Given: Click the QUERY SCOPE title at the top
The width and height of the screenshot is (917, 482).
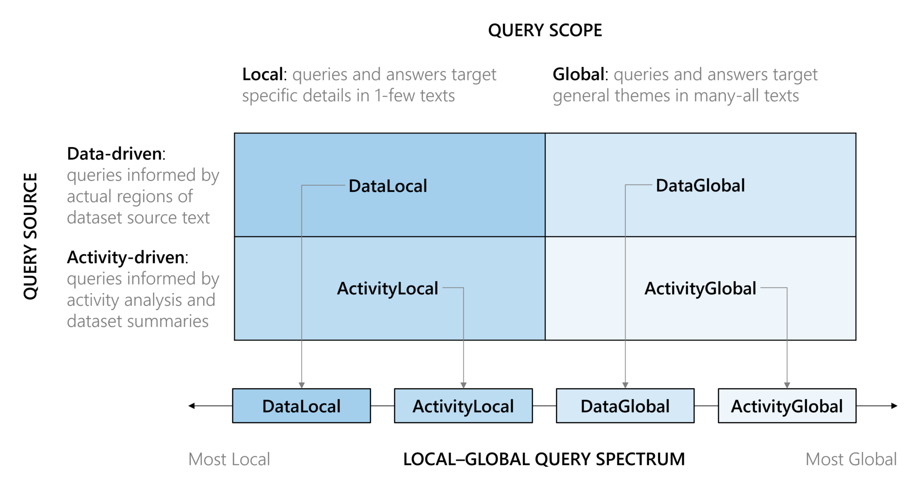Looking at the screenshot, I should (544, 30).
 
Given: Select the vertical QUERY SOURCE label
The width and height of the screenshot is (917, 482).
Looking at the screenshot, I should (30, 236).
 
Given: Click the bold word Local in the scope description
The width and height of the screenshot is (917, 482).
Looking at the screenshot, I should (263, 74).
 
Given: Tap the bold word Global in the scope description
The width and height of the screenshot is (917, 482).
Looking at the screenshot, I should (578, 74).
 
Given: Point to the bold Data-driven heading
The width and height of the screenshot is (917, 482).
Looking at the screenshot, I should (115, 154).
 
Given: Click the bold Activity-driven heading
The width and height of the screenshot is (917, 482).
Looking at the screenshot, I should (126, 257).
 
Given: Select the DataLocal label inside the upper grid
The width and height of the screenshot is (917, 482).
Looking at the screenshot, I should (388, 186).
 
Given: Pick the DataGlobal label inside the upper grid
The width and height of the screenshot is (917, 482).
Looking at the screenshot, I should (700, 185).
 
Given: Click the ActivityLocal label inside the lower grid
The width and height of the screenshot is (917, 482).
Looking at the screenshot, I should (387, 289).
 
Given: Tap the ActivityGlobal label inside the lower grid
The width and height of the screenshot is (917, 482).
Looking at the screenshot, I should (700, 289).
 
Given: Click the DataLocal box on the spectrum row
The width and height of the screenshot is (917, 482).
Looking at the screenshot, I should (301, 406).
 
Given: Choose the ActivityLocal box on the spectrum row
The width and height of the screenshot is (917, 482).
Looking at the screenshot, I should (463, 406).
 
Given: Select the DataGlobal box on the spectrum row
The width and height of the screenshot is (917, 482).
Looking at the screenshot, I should (625, 406).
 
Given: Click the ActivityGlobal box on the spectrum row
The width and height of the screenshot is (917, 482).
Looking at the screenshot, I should (787, 406).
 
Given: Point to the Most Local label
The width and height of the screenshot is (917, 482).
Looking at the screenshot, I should (229, 459).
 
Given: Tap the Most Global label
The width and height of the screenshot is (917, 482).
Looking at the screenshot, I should (851, 459).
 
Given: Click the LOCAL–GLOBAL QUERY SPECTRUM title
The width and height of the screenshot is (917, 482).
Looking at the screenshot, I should (544, 459).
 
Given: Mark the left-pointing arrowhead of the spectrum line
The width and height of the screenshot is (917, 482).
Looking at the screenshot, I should (192, 406).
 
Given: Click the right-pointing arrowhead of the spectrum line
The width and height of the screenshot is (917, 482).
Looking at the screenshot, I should (894, 406).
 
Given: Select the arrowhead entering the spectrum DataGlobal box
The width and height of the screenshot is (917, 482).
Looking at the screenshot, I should (625, 385).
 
